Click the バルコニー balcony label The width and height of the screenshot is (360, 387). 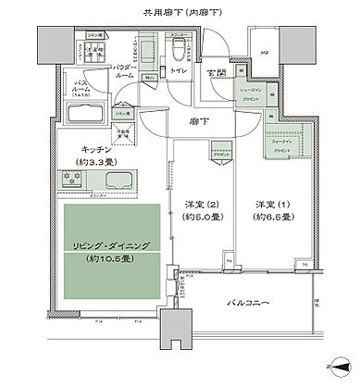(255, 303)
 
